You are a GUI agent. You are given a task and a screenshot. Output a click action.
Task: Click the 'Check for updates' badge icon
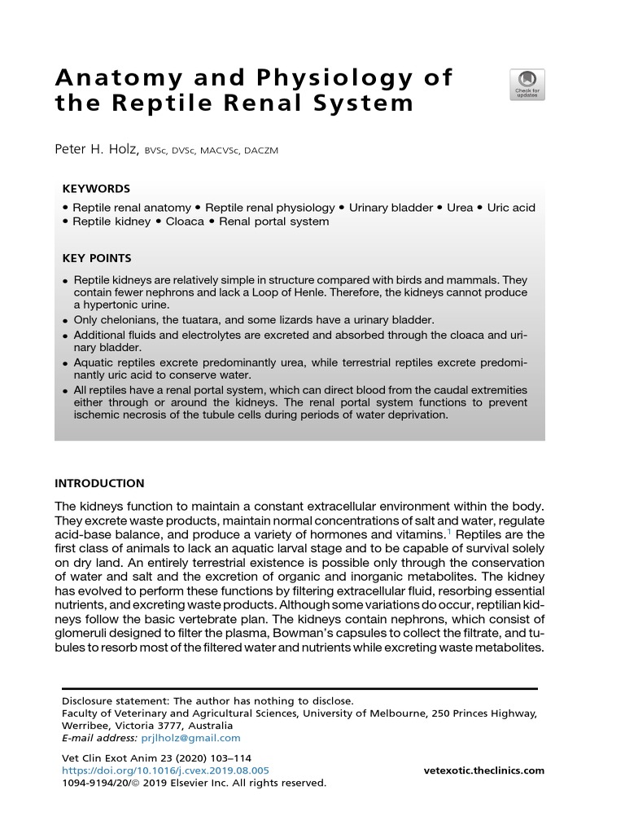coord(527,85)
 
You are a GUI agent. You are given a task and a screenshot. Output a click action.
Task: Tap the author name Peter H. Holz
coord(99,149)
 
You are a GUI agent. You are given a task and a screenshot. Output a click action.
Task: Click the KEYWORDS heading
coord(96,188)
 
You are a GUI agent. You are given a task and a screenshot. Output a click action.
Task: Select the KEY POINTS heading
coord(97,258)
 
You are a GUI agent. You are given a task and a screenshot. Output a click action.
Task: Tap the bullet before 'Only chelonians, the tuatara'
coord(65,320)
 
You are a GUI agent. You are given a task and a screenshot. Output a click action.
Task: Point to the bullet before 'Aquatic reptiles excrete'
coord(65,362)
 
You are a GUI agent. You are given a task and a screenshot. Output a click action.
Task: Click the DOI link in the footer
coord(165,770)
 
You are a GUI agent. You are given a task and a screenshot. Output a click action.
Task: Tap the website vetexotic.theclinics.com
coord(484,770)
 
